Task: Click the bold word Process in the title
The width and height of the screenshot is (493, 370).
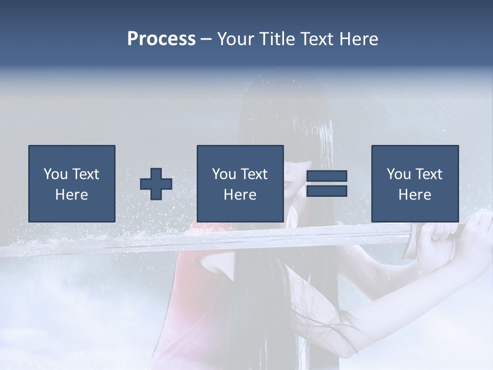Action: [161, 39]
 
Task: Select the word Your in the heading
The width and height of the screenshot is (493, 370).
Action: [236, 39]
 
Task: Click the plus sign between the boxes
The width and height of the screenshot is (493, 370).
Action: [156, 184]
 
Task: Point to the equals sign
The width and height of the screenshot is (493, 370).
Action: [327, 183]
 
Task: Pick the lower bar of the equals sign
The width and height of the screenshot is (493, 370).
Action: [327, 191]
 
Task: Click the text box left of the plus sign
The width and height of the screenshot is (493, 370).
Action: [71, 183]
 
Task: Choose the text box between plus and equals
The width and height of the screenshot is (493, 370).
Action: [240, 183]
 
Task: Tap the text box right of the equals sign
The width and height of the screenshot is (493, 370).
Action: [414, 183]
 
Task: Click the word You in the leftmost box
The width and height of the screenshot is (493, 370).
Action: [55, 174]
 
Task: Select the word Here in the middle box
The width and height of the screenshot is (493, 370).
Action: [240, 194]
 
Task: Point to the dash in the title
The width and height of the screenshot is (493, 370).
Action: [206, 39]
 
